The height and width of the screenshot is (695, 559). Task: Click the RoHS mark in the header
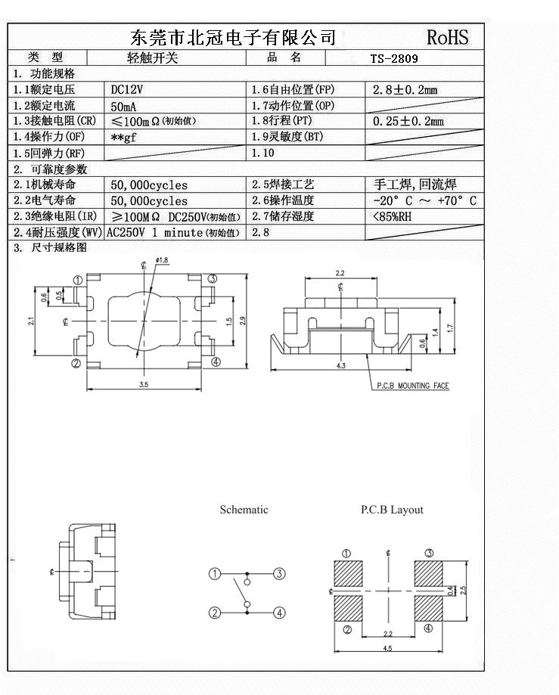(447, 36)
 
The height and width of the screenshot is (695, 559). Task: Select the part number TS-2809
(394, 57)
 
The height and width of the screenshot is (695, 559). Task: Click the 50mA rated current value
(123, 106)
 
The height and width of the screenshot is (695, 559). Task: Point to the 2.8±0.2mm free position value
(405, 90)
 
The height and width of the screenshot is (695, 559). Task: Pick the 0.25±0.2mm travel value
(408, 121)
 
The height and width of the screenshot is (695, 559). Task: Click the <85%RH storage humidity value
(393, 217)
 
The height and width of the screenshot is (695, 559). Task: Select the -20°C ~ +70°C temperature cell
(424, 200)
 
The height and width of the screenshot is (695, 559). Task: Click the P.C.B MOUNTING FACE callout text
(413, 386)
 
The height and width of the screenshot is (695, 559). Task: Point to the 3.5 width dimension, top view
(144, 385)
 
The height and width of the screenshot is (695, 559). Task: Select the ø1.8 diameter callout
(162, 260)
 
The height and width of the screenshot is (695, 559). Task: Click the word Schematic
(244, 510)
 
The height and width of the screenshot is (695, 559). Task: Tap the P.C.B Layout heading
(392, 510)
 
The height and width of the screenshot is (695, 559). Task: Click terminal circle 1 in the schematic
(215, 574)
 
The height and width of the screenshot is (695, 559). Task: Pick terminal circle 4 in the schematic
(279, 613)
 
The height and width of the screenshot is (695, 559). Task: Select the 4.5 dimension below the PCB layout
(387, 648)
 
